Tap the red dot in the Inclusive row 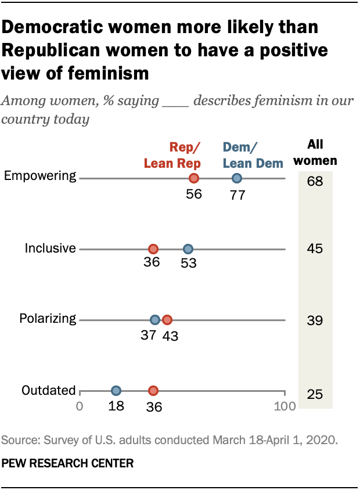[153, 249]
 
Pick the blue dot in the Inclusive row [188, 249]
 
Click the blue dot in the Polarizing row [154, 320]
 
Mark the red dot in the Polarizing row [167, 320]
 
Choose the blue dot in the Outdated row [116, 391]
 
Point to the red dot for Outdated [153, 391]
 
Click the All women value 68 [315, 182]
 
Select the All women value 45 [315, 249]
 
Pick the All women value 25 [315, 395]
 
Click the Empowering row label [40, 176]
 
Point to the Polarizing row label [48, 318]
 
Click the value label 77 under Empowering [237, 194]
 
